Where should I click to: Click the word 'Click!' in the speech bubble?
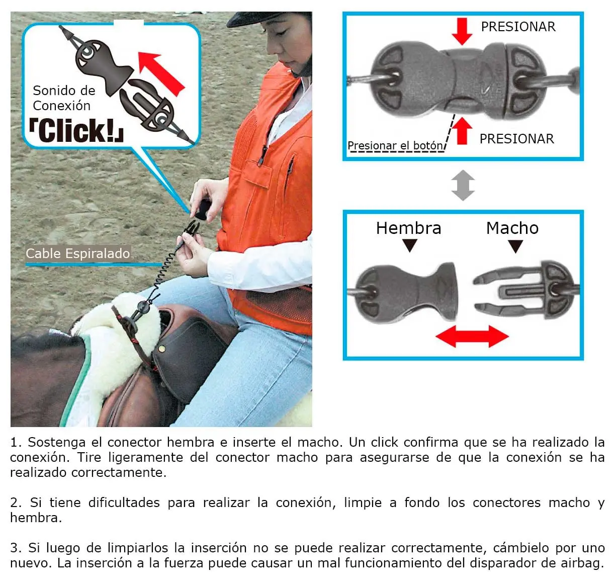(77, 131)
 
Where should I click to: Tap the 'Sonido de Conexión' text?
(63, 98)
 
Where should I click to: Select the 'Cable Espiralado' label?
(78, 254)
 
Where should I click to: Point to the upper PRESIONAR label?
(518, 27)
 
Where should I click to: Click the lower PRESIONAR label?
(516, 139)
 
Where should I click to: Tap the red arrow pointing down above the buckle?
(461, 31)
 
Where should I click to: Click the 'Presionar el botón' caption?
(395, 146)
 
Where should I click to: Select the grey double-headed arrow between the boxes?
(463, 185)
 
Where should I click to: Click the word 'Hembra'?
(408, 228)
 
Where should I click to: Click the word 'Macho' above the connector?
(512, 228)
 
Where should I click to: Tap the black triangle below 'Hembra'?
(410, 245)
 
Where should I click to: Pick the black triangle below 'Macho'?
(515, 246)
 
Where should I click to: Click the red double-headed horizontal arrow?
(472, 336)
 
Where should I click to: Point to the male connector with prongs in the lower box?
(523, 291)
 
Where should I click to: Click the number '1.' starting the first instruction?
(16, 443)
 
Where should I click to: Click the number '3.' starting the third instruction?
(16, 548)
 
